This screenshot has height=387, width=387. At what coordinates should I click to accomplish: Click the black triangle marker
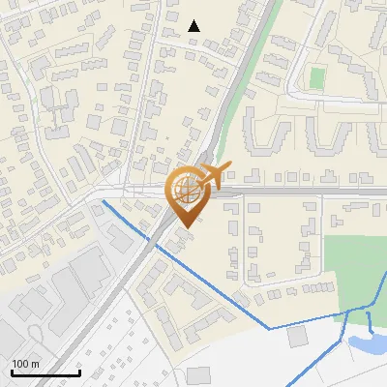[x=193, y=26]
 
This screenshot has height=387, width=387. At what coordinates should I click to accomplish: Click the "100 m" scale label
[x=25, y=364]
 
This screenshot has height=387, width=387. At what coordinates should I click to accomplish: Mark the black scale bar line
[x=45, y=372]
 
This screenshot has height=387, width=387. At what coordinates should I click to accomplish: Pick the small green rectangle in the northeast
[x=316, y=77]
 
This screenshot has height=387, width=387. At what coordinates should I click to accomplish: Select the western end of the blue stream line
[x=103, y=203]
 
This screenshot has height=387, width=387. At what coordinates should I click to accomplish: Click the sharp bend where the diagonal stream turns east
[x=270, y=329]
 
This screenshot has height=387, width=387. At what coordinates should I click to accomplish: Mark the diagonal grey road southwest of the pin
[x=116, y=290]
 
